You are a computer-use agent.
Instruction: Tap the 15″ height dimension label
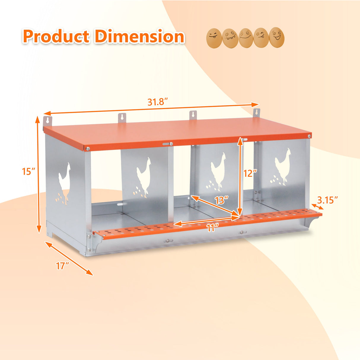(29, 171)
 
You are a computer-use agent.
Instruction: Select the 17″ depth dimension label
(63, 266)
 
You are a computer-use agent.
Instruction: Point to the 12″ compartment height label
(250, 173)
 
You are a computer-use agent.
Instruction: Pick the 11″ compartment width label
(212, 228)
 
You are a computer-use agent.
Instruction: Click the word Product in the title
(56, 37)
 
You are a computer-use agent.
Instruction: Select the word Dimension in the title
(139, 37)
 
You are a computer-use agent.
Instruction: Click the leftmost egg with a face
(214, 38)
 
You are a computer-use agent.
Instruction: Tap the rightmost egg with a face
(277, 37)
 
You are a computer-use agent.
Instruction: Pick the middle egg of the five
(246, 38)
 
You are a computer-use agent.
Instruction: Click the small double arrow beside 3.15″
(317, 207)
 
